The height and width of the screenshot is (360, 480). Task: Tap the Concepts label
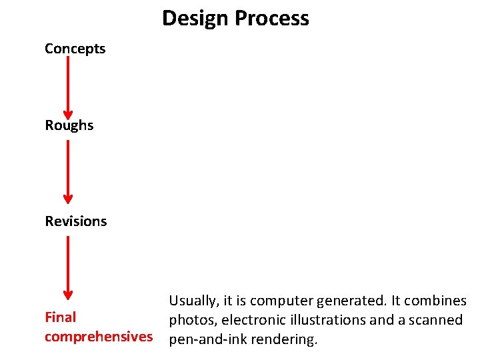click(75, 49)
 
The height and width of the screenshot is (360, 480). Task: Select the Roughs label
click(69, 125)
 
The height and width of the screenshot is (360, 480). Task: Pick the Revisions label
click(75, 221)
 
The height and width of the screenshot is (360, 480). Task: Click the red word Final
click(60, 317)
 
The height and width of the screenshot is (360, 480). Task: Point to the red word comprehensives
click(98, 336)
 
